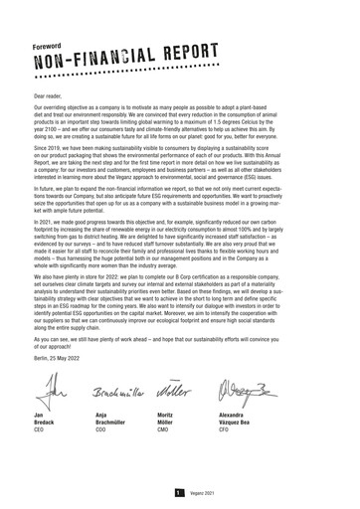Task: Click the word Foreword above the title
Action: tap(48, 46)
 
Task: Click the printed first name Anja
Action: tap(104, 413)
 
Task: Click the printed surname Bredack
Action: tap(47, 422)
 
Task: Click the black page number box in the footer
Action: tap(177, 492)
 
